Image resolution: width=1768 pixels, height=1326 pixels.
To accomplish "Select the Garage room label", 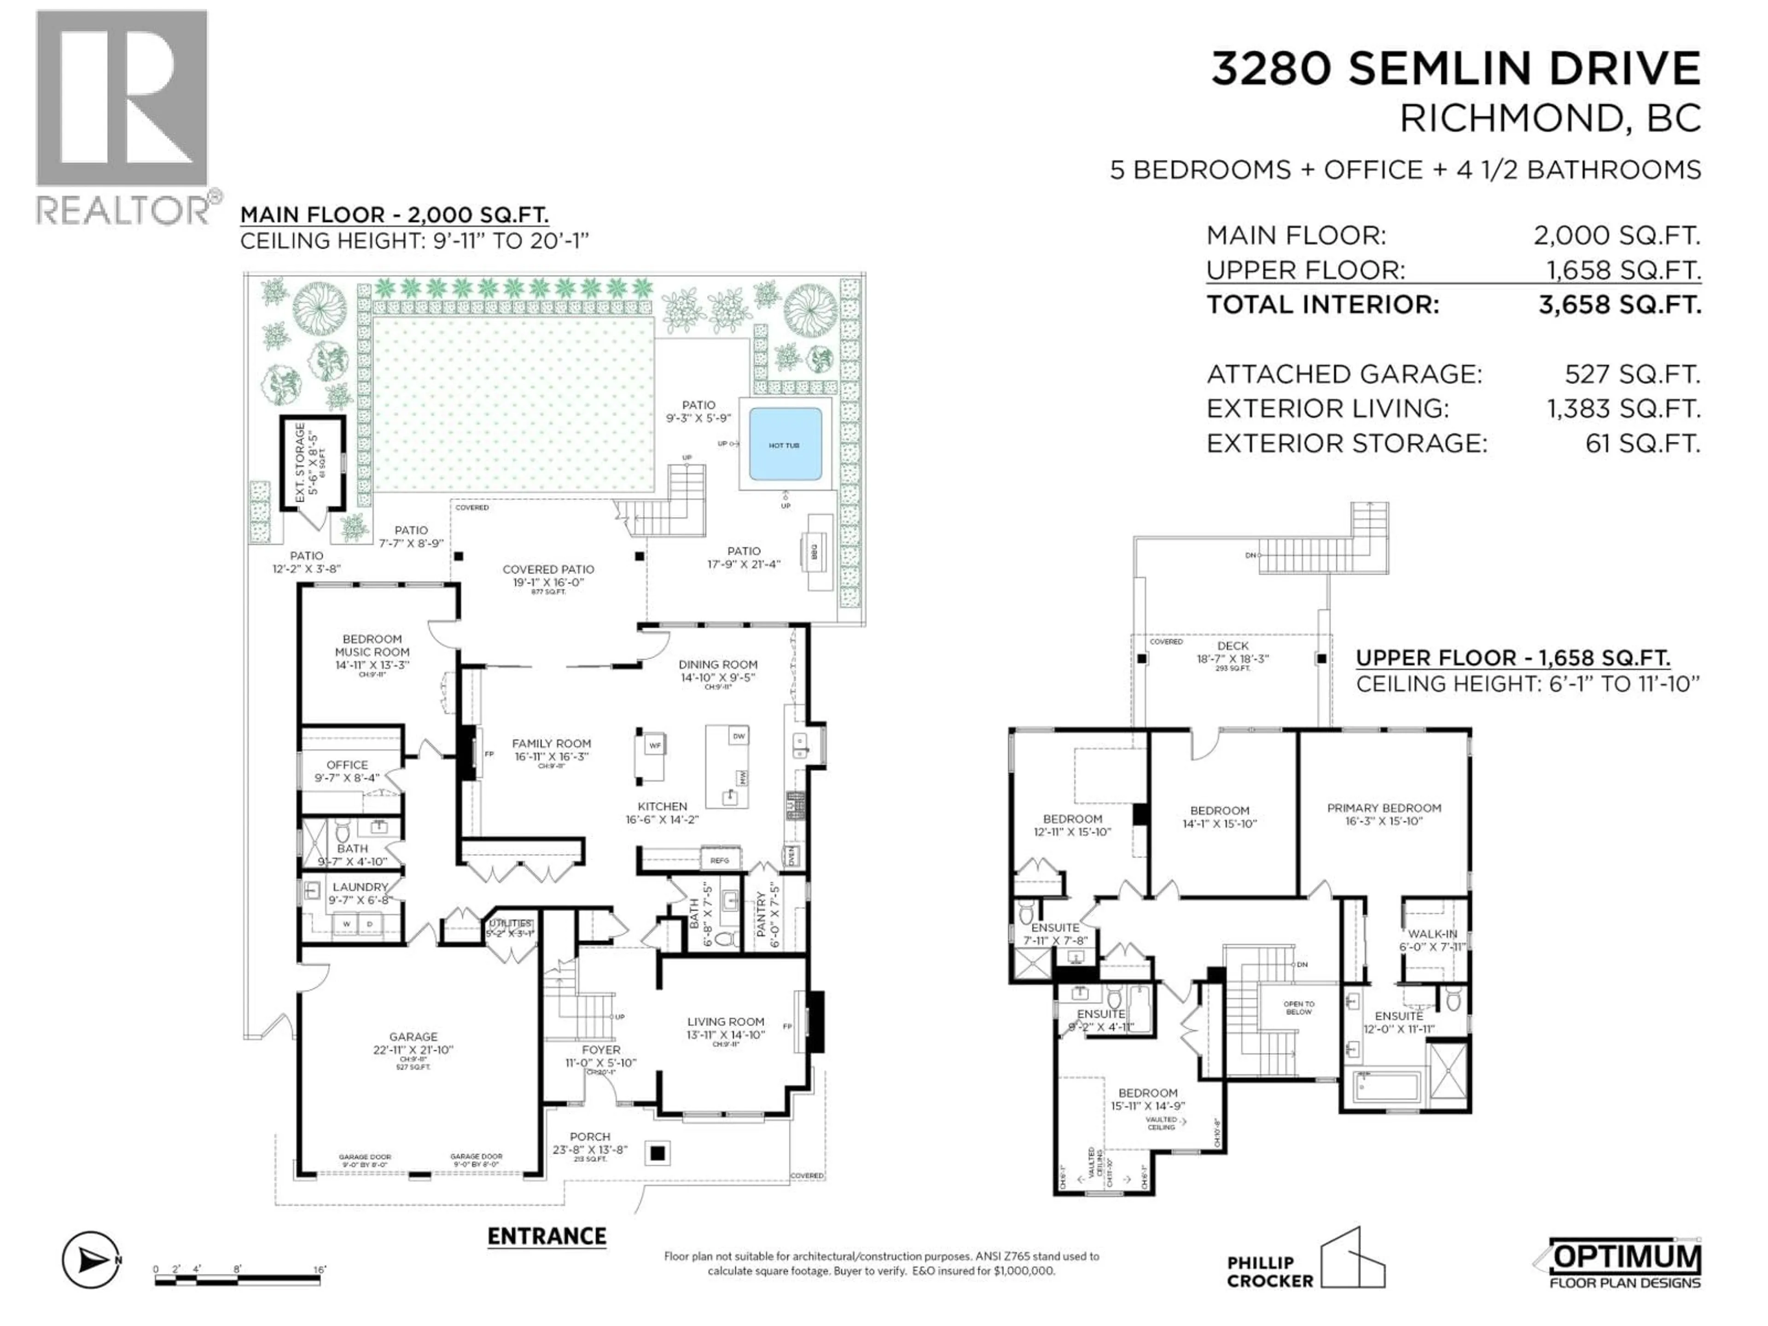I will click(413, 1037).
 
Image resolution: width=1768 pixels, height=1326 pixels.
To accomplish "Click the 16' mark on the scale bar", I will click(319, 1270).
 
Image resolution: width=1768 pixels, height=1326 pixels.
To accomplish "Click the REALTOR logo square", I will click(122, 99).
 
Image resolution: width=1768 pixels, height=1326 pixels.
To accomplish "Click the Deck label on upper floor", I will click(1233, 646).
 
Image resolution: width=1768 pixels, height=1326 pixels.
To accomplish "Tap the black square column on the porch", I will click(658, 1153).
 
